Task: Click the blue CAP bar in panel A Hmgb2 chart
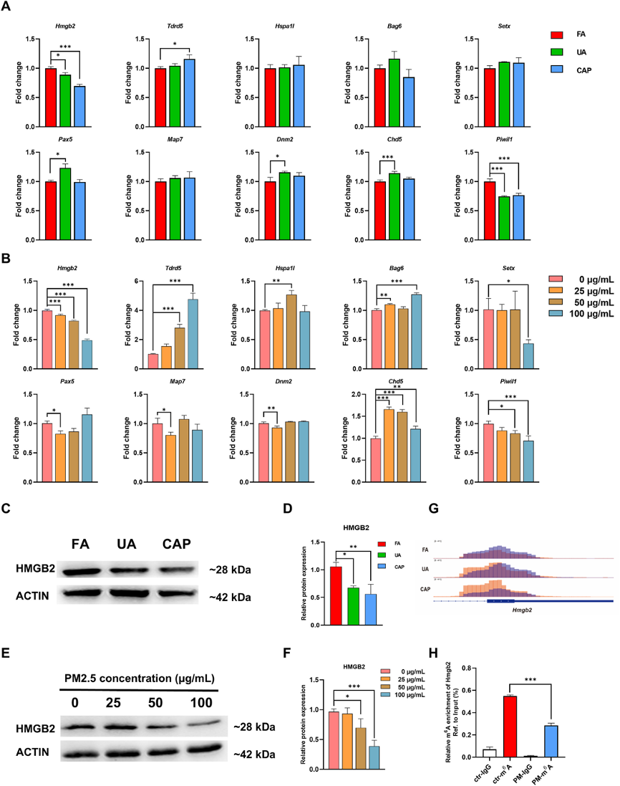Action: point(80,106)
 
